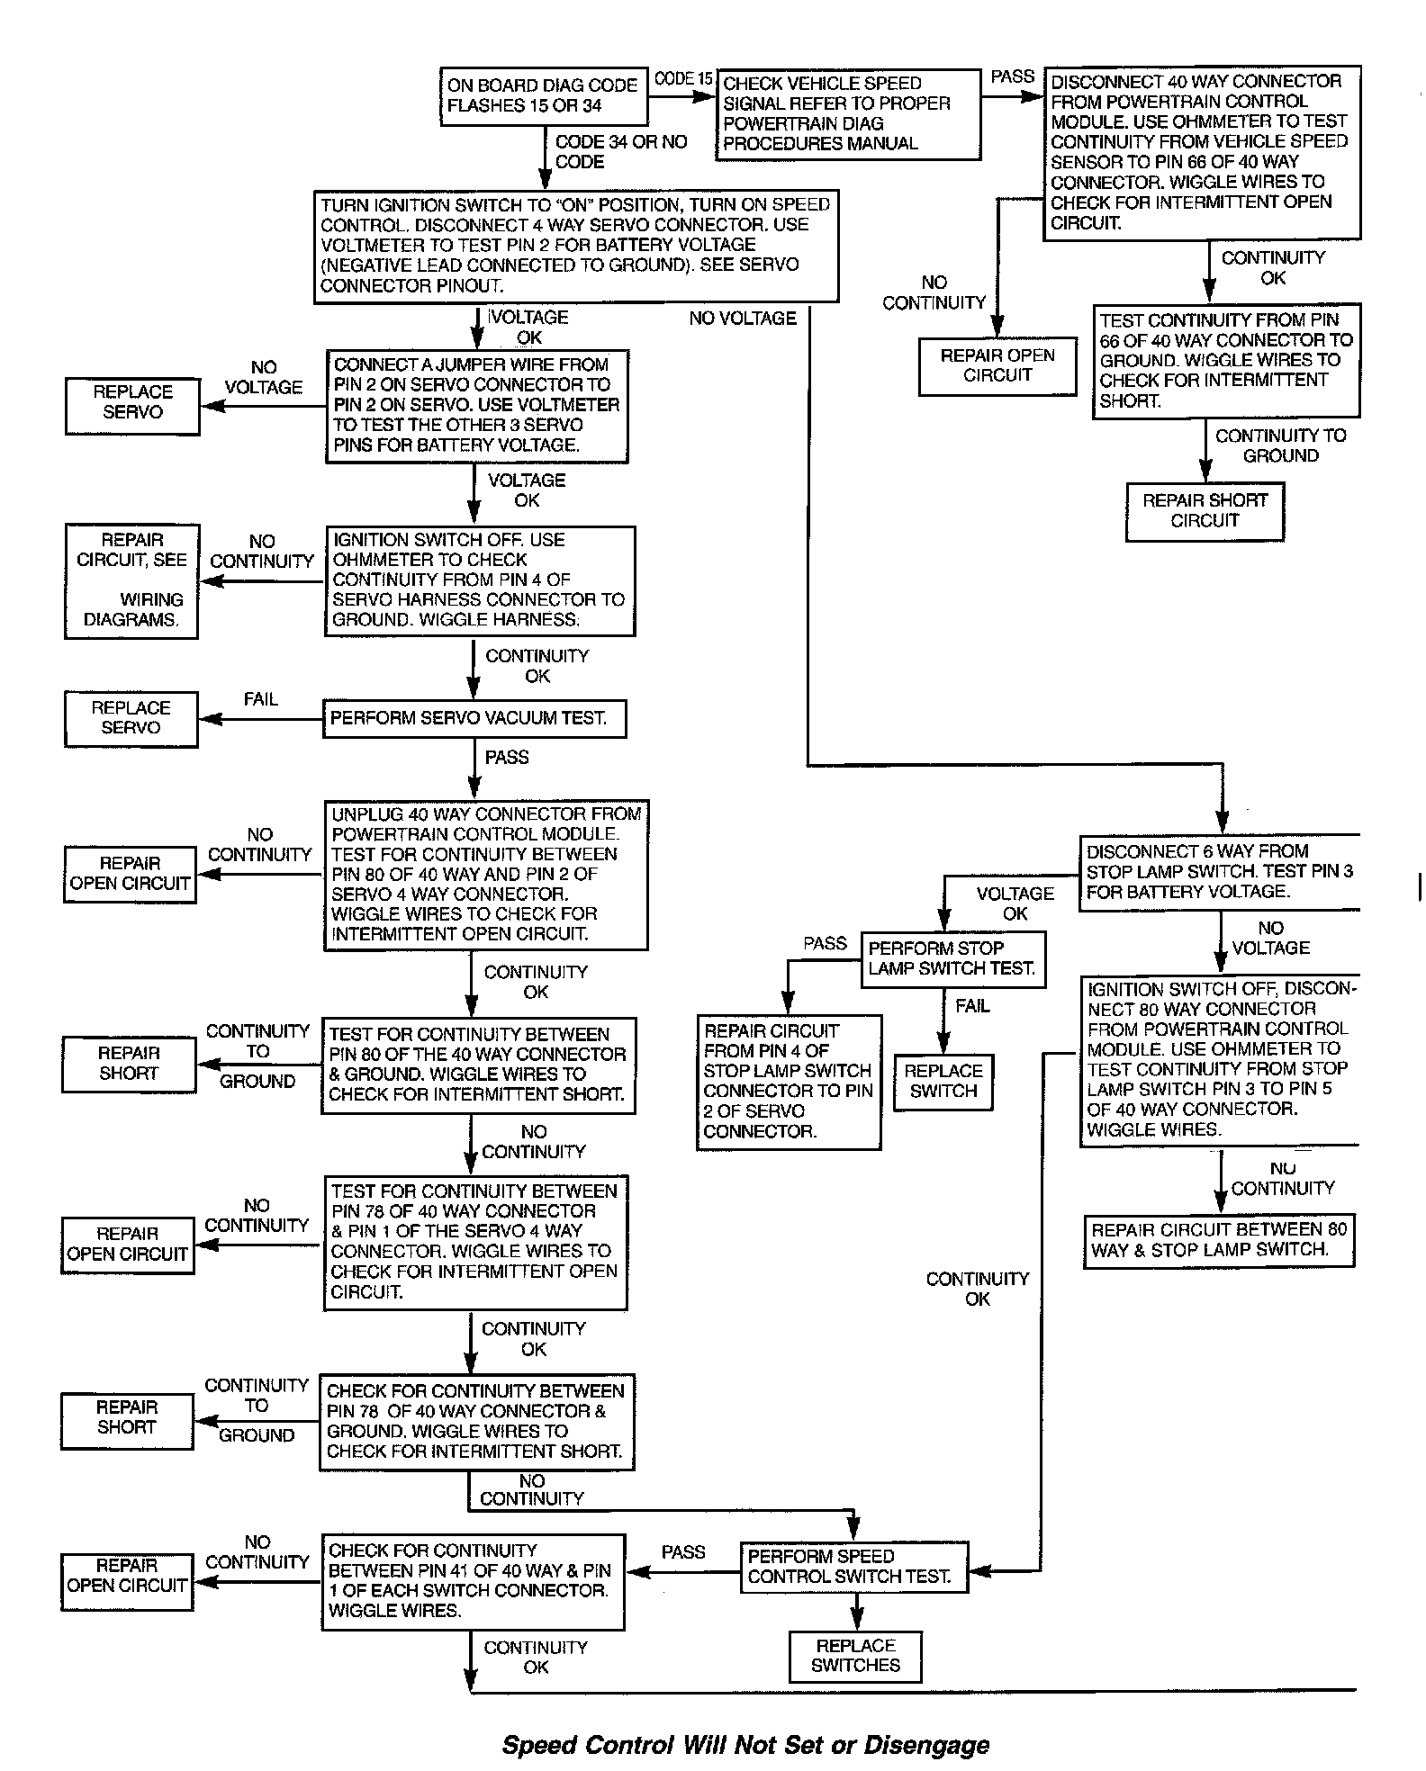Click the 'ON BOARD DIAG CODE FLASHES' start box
pos(543,95)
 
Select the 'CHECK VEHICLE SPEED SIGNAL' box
pos(847,114)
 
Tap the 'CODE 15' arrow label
pos(682,79)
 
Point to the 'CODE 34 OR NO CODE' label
pos(620,151)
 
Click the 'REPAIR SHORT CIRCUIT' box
pos(1205,511)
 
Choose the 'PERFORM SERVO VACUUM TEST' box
pos(474,718)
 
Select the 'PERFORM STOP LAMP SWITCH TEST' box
pos(952,959)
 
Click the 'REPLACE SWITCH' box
pos(943,1082)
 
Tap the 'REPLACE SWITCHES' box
pos(855,1656)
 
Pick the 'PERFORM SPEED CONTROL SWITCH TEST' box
pos(853,1567)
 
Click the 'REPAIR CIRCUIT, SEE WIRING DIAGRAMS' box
pos(131,580)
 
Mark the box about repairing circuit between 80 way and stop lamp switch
pos(1219,1240)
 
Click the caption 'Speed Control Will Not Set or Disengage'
pos(745,1745)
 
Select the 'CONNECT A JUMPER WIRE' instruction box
pos(476,406)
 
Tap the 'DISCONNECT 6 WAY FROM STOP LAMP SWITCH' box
pos(1219,872)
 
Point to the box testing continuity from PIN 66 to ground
pos(1225,361)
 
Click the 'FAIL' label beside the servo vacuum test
pos(261,699)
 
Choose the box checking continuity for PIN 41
pos(473,1581)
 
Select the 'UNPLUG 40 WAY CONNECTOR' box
pos(485,875)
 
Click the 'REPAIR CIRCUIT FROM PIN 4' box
pos(789,1082)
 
